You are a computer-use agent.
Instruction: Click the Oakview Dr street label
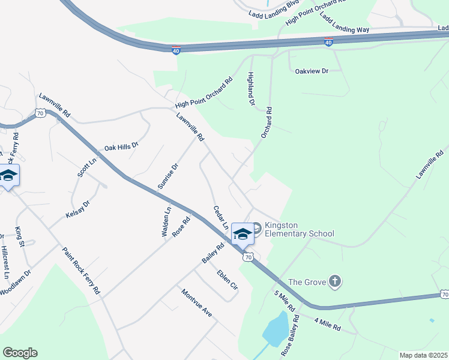point(312,71)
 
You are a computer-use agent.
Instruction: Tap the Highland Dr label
point(252,89)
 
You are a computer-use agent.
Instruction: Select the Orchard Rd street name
point(267,123)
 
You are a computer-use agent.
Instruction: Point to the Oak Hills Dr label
point(121,146)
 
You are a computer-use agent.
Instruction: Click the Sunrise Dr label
point(168,177)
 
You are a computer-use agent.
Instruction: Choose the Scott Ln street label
point(86,168)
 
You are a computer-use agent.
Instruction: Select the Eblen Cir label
point(228,281)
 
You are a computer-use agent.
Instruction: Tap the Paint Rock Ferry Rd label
point(81,270)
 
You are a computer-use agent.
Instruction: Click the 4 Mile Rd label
point(327,325)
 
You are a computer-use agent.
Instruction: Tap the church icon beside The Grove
point(335,281)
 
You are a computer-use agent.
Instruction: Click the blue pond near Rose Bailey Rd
point(275,329)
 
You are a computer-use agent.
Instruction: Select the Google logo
point(20,353)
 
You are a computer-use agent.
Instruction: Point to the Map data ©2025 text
point(423,355)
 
